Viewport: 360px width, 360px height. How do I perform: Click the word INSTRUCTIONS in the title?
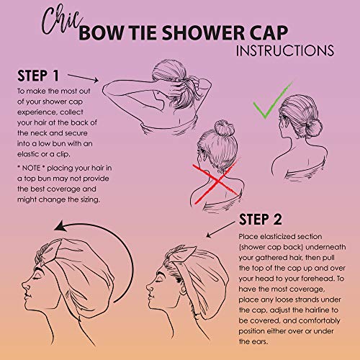point(285,50)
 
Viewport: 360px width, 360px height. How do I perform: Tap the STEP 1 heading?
point(38,76)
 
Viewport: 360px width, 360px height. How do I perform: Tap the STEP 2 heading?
point(261,220)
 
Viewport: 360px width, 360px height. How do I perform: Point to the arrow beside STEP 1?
point(83,78)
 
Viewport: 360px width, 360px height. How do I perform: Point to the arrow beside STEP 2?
point(220,230)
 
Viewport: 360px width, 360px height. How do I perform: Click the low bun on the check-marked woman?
point(313,128)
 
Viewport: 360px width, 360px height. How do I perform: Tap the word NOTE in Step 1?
point(31,168)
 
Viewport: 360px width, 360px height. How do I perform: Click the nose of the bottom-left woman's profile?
point(24,286)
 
